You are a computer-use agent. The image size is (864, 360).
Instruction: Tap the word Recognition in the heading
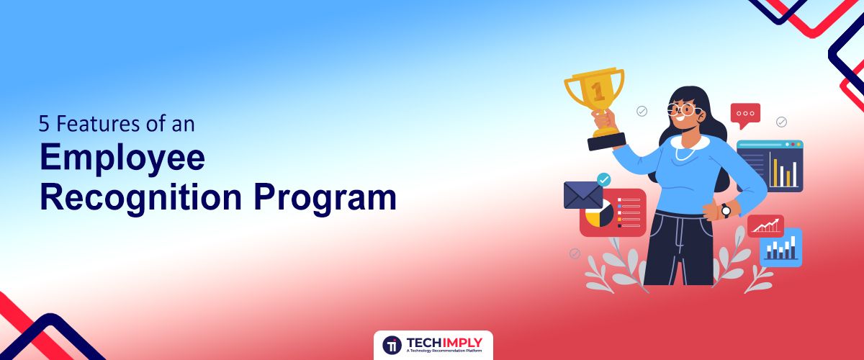(x=141, y=199)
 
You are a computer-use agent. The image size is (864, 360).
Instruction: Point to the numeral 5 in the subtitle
(x=44, y=125)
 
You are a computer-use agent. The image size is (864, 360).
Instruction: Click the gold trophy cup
(x=595, y=101)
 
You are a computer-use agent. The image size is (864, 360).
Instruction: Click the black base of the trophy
(x=606, y=142)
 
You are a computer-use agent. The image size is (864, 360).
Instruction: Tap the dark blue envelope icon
(x=582, y=195)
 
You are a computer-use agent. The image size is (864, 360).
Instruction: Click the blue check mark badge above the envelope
(x=603, y=179)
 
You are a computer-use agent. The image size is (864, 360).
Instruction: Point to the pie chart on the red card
(x=599, y=213)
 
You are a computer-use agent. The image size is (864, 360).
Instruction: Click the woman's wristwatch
(x=726, y=211)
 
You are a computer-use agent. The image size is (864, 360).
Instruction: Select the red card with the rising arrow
(x=765, y=226)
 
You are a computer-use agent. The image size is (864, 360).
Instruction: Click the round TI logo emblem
(x=392, y=345)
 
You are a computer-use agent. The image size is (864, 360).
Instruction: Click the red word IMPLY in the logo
(x=462, y=343)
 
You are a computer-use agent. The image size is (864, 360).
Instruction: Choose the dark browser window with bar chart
(x=770, y=166)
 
